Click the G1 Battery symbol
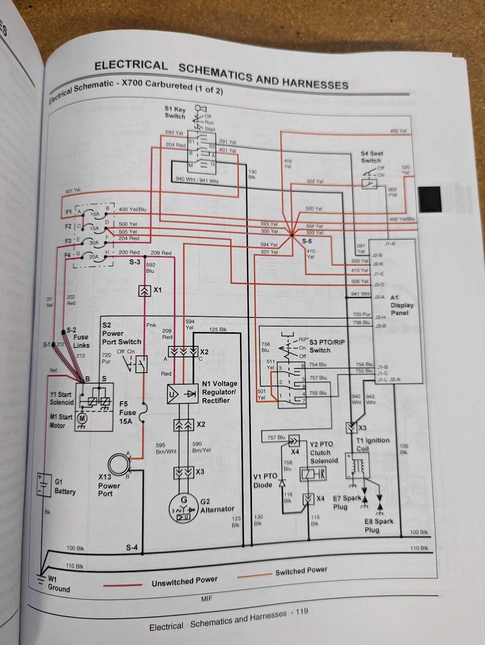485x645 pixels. pyautogui.click(x=44, y=485)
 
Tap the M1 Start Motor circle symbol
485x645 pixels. pyautogui.click(x=82, y=418)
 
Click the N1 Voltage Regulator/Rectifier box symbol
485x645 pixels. pyautogui.click(x=182, y=394)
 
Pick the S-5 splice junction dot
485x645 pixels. pyautogui.click(x=292, y=235)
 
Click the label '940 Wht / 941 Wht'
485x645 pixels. pyautogui.click(x=197, y=180)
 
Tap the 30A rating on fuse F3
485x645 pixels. pyautogui.click(x=94, y=243)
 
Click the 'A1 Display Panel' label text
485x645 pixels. pyautogui.click(x=401, y=305)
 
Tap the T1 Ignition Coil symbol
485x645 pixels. pyautogui.click(x=358, y=465)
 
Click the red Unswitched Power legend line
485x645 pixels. pyautogui.click(x=123, y=584)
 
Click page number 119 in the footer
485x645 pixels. pyautogui.click(x=302, y=612)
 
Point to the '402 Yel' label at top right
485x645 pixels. pyautogui.click(x=398, y=131)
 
